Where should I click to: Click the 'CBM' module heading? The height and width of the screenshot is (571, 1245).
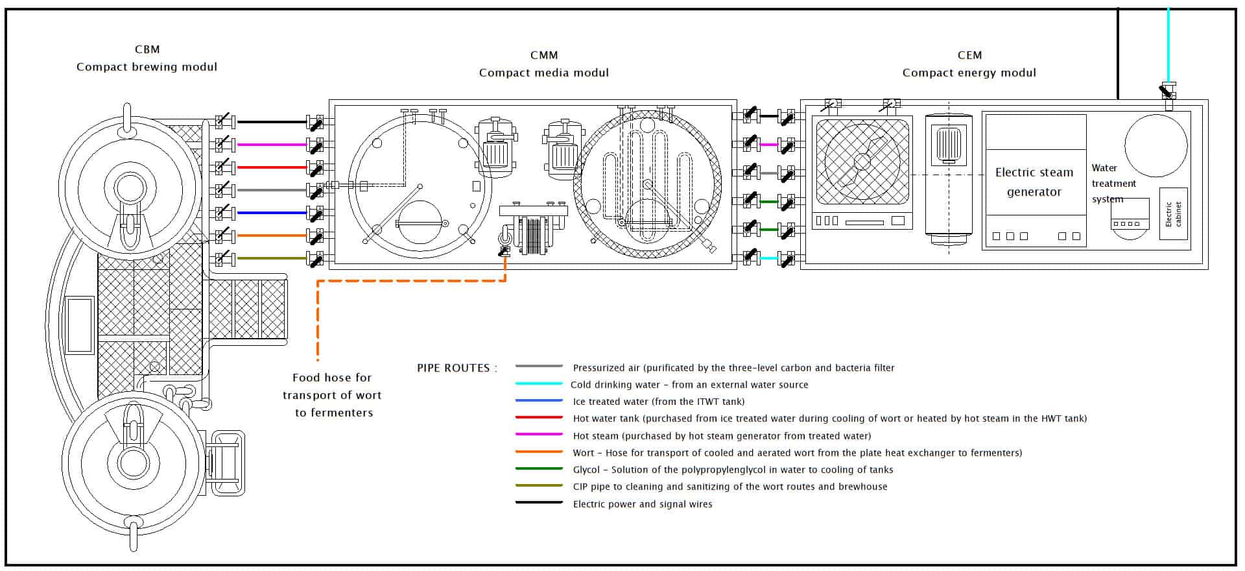[x=147, y=49]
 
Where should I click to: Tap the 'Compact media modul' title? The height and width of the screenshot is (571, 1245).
[x=543, y=73]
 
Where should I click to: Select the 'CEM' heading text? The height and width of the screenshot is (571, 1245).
[x=969, y=55]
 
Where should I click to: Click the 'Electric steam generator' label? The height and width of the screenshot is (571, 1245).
[x=1034, y=182]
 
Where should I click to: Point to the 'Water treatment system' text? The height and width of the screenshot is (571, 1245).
[x=1113, y=184]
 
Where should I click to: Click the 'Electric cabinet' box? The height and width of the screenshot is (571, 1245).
[x=1173, y=214]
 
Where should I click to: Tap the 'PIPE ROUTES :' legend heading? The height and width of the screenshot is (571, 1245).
[x=457, y=368]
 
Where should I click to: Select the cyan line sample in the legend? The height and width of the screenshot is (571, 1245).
[x=539, y=384]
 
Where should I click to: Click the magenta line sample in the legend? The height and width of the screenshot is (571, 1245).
[x=539, y=435]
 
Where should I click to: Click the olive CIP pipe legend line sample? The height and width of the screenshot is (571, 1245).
[x=539, y=486]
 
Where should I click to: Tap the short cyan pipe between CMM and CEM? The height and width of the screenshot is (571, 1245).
[x=768, y=258]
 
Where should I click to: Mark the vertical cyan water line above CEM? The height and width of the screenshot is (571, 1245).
[x=1168, y=45]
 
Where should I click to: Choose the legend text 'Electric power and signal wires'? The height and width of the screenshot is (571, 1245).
[x=642, y=504]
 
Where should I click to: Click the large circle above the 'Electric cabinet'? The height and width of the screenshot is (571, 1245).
[x=1156, y=146]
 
